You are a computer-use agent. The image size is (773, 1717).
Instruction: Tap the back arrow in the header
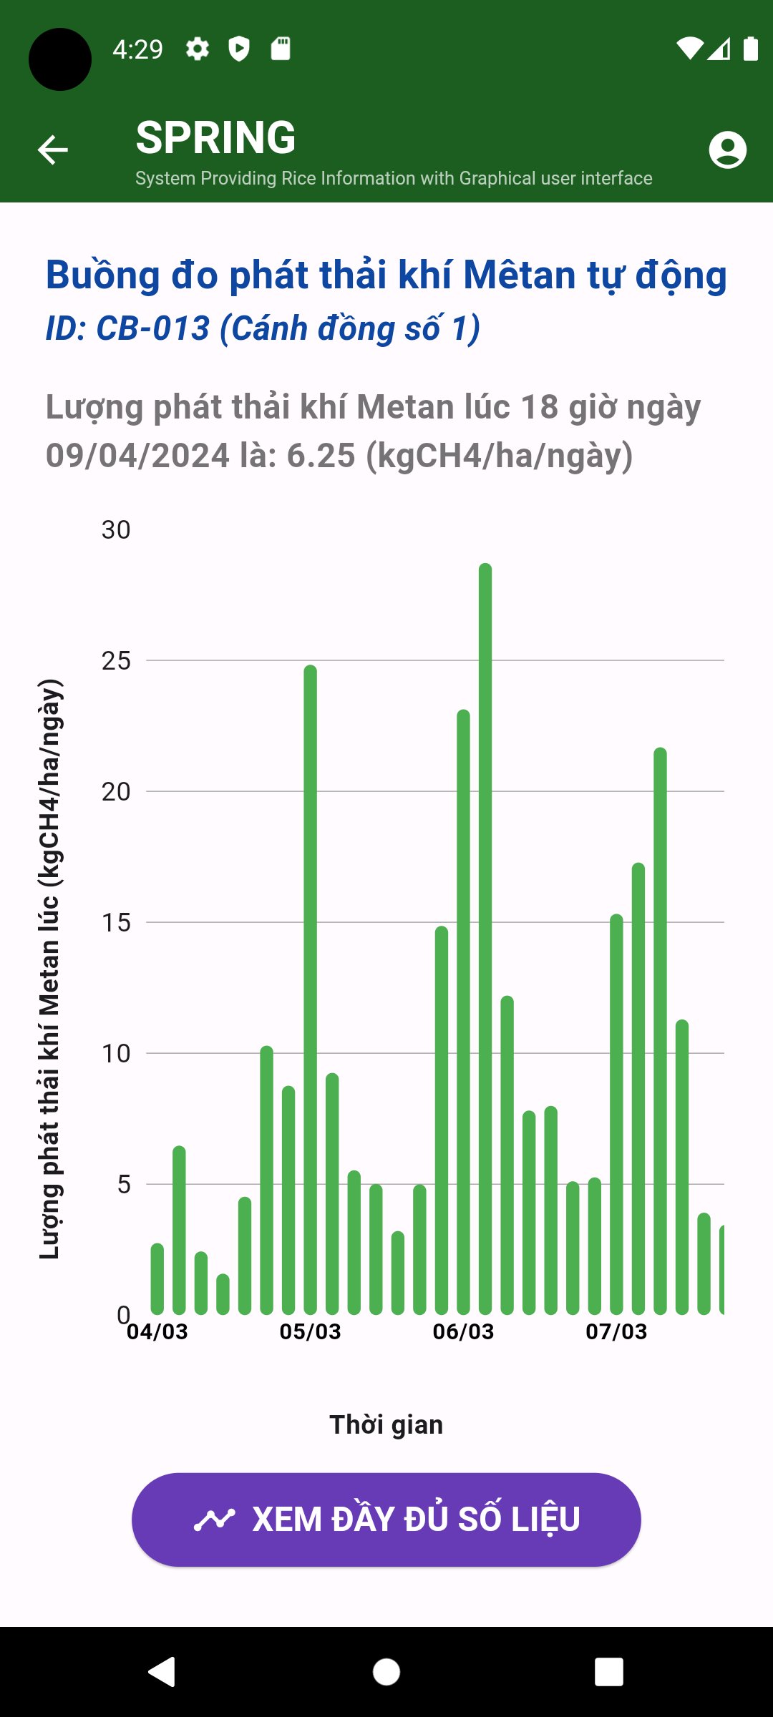(53, 150)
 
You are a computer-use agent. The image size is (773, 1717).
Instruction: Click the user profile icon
(727, 150)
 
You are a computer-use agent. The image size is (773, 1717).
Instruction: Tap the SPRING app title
(215, 137)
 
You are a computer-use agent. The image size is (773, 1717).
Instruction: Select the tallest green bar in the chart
(485, 937)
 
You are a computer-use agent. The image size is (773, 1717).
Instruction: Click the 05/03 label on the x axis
(310, 1331)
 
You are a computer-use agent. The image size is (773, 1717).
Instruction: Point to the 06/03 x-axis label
(463, 1331)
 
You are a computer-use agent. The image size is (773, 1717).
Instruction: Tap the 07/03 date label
(616, 1331)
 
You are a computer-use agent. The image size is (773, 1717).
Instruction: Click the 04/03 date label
(157, 1331)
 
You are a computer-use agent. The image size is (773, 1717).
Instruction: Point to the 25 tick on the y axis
(116, 661)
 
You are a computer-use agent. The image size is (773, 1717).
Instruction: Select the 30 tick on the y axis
(116, 530)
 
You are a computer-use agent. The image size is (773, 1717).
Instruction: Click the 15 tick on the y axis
(116, 923)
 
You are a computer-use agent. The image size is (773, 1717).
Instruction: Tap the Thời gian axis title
(386, 1424)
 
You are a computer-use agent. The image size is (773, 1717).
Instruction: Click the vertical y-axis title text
(50, 969)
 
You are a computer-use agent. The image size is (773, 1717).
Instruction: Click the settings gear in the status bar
(198, 49)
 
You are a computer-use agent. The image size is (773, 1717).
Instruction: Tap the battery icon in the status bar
(750, 49)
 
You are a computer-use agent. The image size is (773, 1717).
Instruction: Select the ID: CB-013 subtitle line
(263, 328)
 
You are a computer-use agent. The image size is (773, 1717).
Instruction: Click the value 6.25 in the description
(321, 456)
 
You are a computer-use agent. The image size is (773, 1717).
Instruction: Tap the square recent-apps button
(608, 1672)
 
